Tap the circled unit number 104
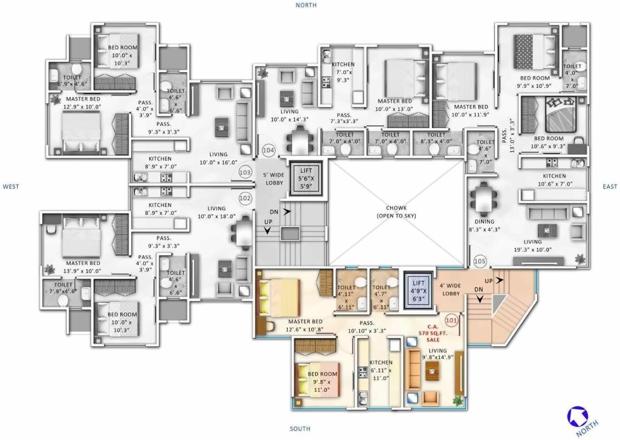(269, 150)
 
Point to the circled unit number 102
(245, 197)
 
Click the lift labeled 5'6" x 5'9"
(305, 178)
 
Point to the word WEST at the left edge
(11, 187)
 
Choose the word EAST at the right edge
(610, 187)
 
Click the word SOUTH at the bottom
(300, 428)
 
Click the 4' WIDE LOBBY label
(450, 289)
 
